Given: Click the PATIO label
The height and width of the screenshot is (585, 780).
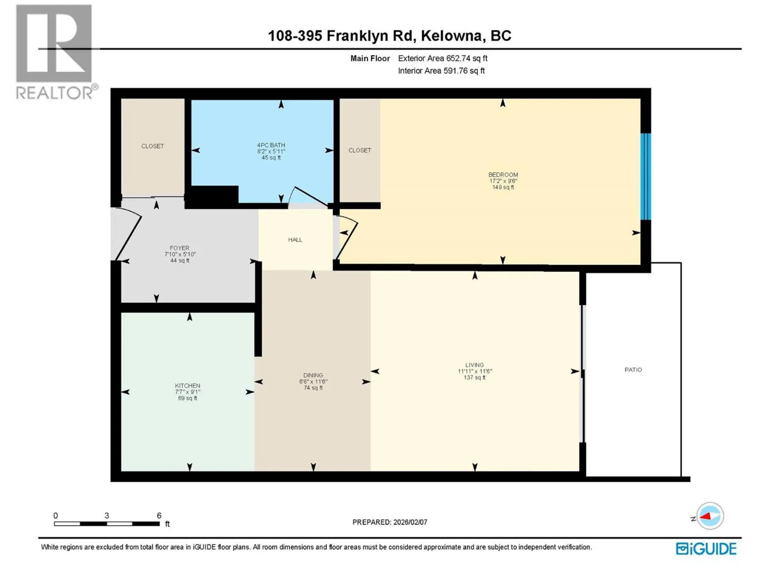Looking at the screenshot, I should point(633,370).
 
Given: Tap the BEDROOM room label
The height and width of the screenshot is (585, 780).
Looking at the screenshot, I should point(503,175).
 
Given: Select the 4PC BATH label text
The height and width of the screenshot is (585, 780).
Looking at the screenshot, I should point(271,145).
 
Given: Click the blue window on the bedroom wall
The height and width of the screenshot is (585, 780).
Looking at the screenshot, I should point(646,177).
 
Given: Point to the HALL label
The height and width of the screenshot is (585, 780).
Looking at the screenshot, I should point(295,240).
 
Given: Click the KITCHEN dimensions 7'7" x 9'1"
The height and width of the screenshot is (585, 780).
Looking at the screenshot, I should point(187,392).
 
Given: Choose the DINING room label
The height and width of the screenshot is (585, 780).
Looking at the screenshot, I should point(313,375).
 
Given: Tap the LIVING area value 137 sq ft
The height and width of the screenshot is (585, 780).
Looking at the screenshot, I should point(474,377).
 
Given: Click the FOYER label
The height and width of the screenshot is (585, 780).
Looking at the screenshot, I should point(180,248).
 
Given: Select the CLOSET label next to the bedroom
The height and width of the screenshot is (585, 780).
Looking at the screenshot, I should point(360,150).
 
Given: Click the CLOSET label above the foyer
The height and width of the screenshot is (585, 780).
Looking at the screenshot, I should point(152,146).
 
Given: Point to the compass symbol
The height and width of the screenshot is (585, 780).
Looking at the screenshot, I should point(710,516).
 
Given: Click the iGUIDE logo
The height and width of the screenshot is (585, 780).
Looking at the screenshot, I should point(706,549).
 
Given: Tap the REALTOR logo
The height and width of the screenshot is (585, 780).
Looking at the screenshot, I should point(55,53).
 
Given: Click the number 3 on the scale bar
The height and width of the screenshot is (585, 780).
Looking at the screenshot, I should point(106,516).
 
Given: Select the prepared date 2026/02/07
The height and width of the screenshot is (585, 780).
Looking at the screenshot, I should point(410,522).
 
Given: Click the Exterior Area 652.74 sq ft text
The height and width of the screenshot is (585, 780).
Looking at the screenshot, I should point(442,58).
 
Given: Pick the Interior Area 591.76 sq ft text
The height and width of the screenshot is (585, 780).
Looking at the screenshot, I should point(441,71).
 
